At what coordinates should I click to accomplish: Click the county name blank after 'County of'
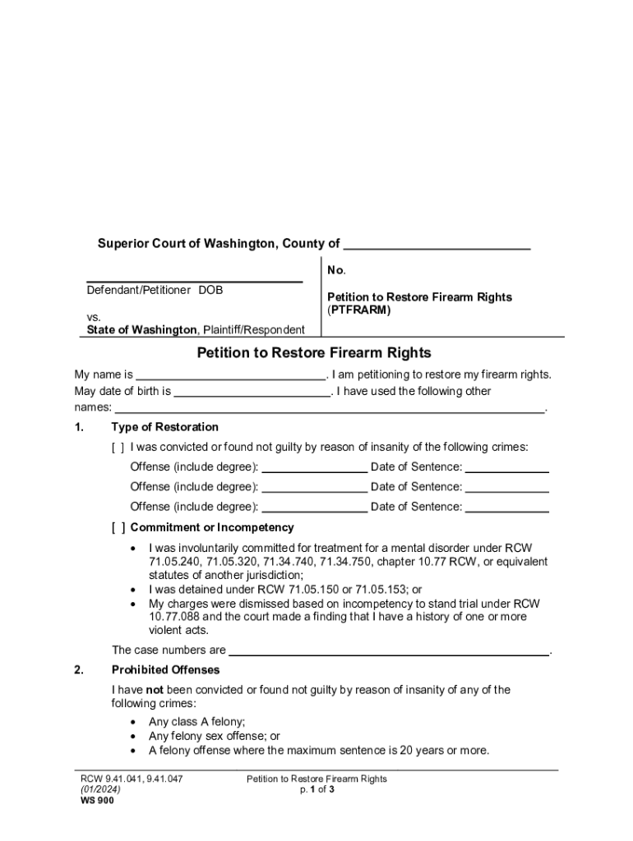point(437,245)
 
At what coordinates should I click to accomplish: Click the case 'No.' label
point(336,270)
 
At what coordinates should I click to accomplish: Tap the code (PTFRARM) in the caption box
point(358,310)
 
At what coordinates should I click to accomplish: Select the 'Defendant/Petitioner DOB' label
point(155,290)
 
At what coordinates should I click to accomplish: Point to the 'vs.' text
point(95,316)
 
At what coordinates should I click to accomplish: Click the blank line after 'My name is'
point(230,375)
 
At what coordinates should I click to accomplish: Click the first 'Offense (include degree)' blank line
point(314,468)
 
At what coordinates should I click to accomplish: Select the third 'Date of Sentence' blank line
point(507,508)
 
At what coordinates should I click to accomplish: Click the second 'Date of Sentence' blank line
point(507,488)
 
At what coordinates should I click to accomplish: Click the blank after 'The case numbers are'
point(388,650)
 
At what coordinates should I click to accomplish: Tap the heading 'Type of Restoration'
point(164,427)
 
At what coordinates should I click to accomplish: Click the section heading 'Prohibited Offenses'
point(165,670)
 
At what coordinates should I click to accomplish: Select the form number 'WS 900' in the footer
point(97,802)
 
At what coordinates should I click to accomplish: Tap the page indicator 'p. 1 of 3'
point(316,790)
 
